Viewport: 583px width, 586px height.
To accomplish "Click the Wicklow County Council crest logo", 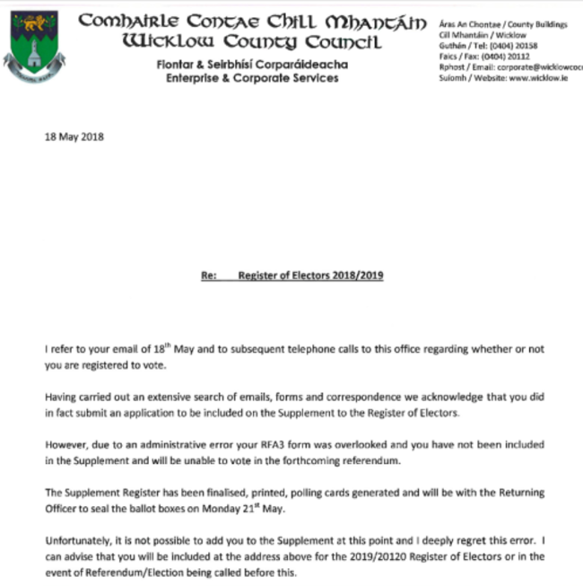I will [x=33, y=46].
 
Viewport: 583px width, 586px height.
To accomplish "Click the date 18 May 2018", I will [x=74, y=137].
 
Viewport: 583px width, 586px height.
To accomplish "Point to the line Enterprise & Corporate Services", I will [x=252, y=78].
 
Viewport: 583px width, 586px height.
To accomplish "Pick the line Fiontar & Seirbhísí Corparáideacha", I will [x=252, y=65].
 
